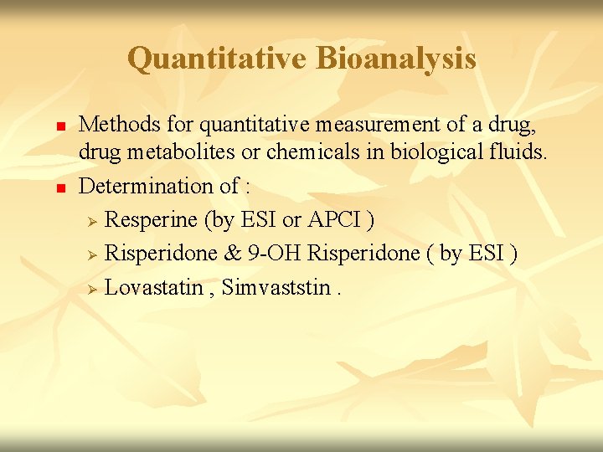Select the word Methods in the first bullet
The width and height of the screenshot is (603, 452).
pyautogui.click(x=116, y=126)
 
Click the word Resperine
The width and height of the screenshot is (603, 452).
pyautogui.click(x=152, y=219)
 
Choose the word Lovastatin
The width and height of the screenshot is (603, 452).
pyautogui.click(x=154, y=288)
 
